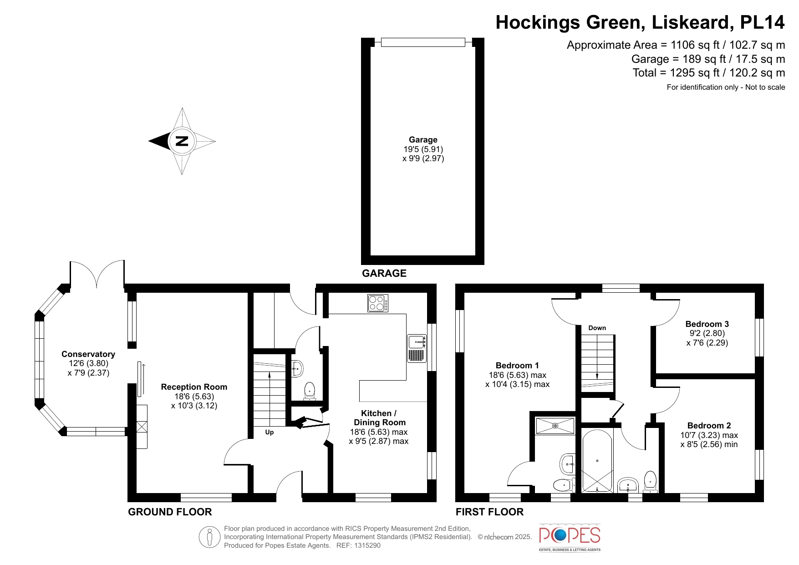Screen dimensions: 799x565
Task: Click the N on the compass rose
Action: pyautogui.click(x=182, y=141)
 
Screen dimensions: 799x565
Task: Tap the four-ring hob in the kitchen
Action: pyautogui.click(x=378, y=303)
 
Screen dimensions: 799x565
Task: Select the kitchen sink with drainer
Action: pyautogui.click(x=417, y=348)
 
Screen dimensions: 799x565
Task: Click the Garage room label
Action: pyautogui.click(x=423, y=140)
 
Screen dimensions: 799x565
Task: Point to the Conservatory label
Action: pyautogui.click(x=88, y=354)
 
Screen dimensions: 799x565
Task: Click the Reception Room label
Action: pyautogui.click(x=194, y=387)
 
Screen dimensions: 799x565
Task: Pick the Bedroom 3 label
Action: pyautogui.click(x=707, y=324)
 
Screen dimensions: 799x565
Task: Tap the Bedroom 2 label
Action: pyautogui.click(x=709, y=426)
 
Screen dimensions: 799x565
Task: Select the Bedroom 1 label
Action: pyautogui.click(x=517, y=366)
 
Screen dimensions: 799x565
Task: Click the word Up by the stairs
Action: pyautogui.click(x=270, y=433)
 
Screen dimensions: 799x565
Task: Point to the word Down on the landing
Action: pyautogui.click(x=597, y=328)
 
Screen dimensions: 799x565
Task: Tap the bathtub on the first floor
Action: pyautogui.click(x=597, y=461)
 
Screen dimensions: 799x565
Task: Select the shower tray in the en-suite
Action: pyautogui.click(x=555, y=426)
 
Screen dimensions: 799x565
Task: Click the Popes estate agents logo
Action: pyautogui.click(x=570, y=537)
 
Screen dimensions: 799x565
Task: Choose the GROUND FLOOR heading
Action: pyautogui.click(x=170, y=512)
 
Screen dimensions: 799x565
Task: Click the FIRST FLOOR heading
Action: pyautogui.click(x=489, y=512)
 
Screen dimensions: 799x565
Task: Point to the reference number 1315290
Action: pyautogui.click(x=367, y=545)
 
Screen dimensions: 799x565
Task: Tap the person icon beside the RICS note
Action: pyautogui.click(x=209, y=537)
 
